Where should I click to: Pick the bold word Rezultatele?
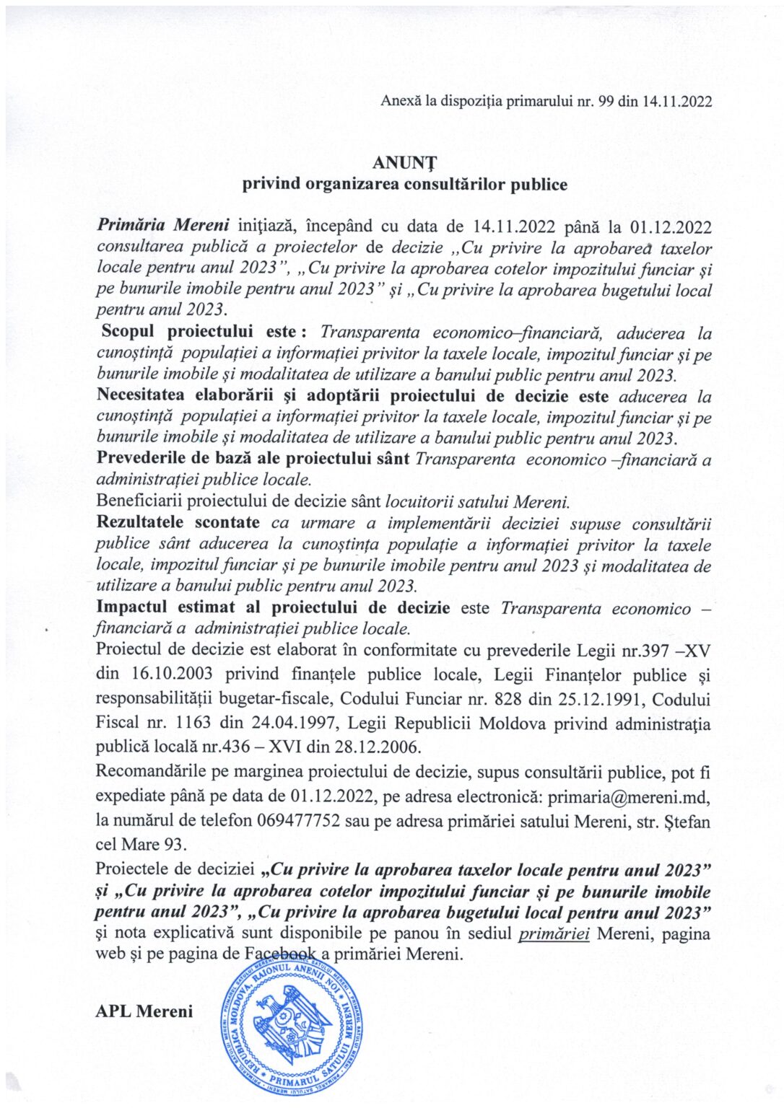140,522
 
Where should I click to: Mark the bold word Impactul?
131,607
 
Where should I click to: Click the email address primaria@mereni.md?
629,796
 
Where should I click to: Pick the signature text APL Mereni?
144,1011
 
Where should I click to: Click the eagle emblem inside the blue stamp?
296,1024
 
